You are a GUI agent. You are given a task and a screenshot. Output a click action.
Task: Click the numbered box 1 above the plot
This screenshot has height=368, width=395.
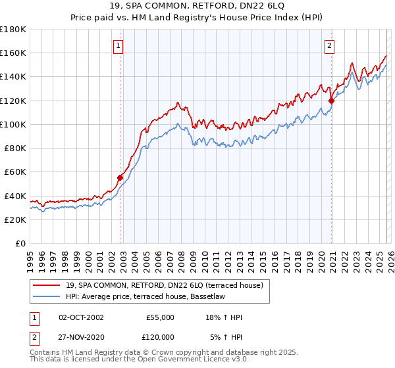coord(118,45)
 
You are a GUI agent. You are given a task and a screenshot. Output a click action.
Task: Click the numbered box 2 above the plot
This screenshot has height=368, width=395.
coord(329,45)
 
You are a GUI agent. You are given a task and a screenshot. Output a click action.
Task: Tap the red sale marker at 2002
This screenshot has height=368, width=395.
coord(120,177)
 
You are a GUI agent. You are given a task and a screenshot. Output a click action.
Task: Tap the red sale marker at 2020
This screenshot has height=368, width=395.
coord(332,101)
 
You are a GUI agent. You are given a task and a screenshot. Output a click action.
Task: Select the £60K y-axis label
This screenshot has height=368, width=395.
coord(15,172)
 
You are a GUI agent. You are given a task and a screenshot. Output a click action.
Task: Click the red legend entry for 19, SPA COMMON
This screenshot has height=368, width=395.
coord(164,285)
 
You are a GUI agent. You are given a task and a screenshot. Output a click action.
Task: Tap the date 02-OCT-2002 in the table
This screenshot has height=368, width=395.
coord(82,317)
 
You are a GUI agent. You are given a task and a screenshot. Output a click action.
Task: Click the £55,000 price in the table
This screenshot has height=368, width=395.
coord(159,317)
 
